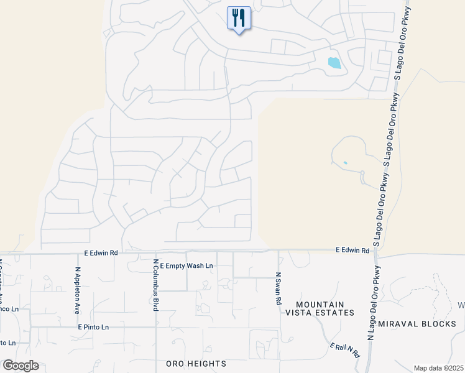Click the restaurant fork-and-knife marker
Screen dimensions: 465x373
coord(239,18)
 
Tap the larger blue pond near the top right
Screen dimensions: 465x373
coord(334,62)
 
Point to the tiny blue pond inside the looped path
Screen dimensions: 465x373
coord(345,163)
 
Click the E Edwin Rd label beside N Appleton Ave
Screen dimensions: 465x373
coord(101,253)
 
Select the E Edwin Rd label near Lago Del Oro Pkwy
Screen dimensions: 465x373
coord(352,250)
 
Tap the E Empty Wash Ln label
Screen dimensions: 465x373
coord(186,265)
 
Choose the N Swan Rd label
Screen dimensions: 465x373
coord(278,288)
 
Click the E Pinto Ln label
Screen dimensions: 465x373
coord(93,326)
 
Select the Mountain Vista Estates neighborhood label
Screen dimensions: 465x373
coord(320,308)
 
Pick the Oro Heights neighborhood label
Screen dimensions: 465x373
coord(196,363)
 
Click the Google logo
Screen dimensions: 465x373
coord(21,365)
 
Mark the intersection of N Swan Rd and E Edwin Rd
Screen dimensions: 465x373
coord(279,252)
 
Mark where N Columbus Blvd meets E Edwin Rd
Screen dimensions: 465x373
coord(155,252)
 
